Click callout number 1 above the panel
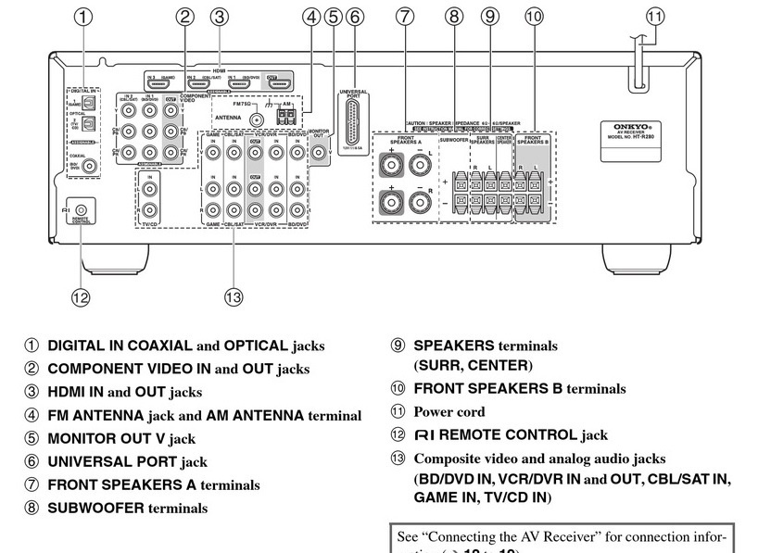(x=84, y=16)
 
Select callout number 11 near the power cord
(x=655, y=16)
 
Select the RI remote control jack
(x=81, y=212)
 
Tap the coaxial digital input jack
(x=88, y=167)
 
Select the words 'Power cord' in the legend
(x=448, y=411)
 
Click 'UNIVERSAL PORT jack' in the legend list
(x=127, y=461)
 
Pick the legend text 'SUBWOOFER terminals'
(x=127, y=508)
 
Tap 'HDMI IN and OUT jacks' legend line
(x=124, y=392)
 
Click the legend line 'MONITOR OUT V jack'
(x=121, y=438)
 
